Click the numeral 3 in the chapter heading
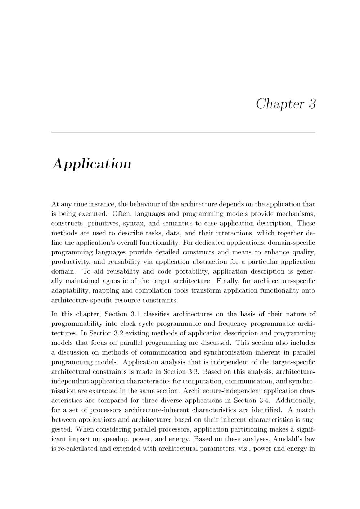click(312, 104)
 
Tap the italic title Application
click(92, 164)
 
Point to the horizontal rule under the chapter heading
click(183, 132)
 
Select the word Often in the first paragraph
click(122, 214)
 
